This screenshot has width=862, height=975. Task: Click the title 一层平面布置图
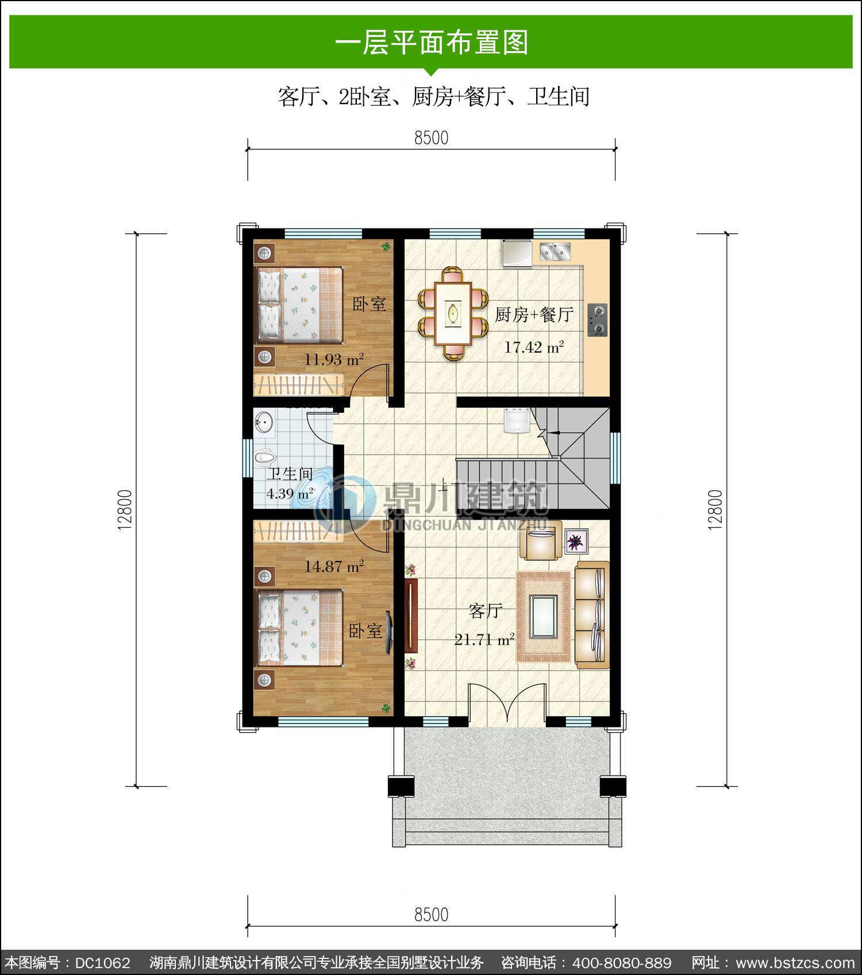431,42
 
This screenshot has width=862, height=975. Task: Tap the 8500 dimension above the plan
431,138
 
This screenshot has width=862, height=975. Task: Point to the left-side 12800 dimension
125,510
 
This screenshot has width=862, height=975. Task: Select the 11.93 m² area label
334,360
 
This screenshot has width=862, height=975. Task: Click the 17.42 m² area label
534,347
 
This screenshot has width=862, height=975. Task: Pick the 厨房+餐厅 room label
534,315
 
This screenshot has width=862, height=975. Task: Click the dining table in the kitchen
453,314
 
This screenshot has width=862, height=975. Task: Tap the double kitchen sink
555,251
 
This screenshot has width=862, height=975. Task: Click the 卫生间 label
290,474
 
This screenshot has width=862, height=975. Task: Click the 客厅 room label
486,611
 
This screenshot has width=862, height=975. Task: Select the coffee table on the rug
544,617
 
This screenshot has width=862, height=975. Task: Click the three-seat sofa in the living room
592,615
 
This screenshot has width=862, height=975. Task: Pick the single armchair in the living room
541,540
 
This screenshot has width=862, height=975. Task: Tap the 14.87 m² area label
334,567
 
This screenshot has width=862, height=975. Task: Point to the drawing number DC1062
103,963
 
